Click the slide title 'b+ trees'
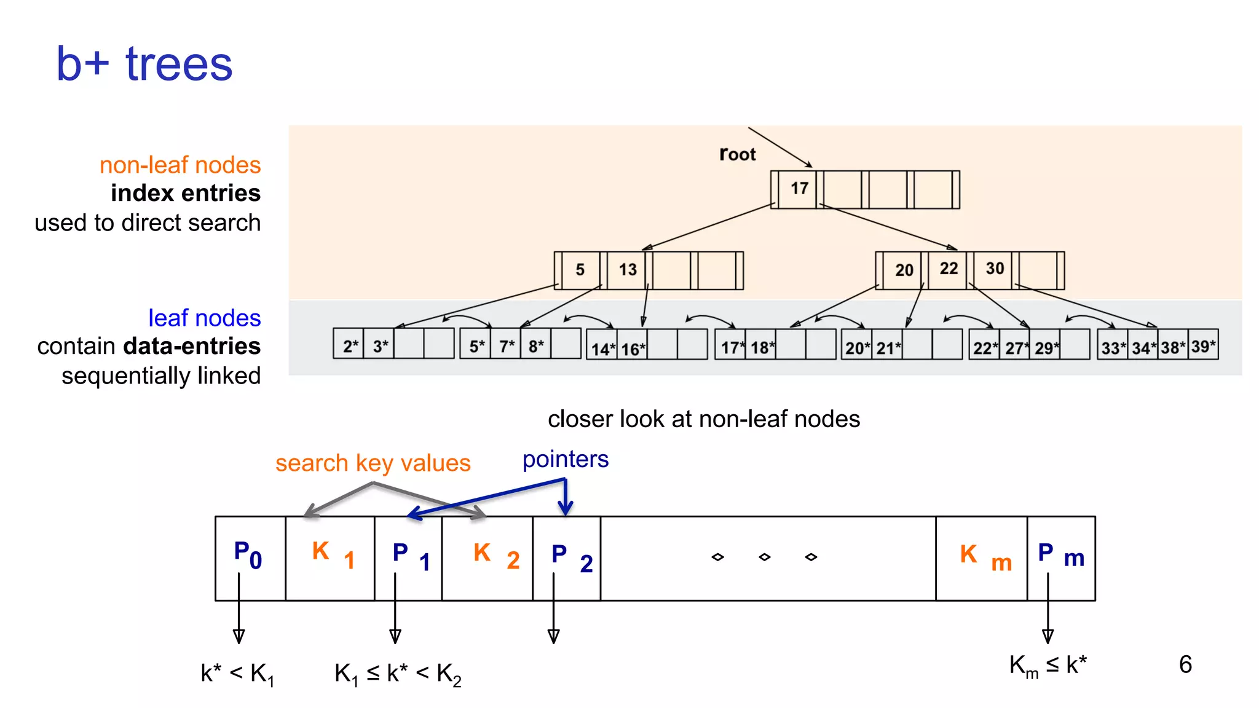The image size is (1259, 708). pyautogui.click(x=144, y=64)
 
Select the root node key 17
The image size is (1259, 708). pyautogui.click(x=799, y=189)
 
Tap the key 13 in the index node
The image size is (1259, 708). pyautogui.click(x=628, y=270)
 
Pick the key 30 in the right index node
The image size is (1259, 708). pyautogui.click(x=995, y=269)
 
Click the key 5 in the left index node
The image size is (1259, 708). pyautogui.click(x=580, y=270)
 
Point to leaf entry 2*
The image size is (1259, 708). pyautogui.click(x=350, y=346)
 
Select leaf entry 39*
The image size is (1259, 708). pyautogui.click(x=1203, y=347)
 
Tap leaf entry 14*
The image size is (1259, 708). pyautogui.click(x=602, y=349)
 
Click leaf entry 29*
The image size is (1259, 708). pyautogui.click(x=1046, y=348)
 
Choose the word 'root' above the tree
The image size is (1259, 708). pyautogui.click(x=737, y=154)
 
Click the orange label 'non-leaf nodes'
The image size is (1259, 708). pyautogui.click(x=180, y=165)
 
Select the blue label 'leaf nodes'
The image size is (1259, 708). pyautogui.click(x=204, y=318)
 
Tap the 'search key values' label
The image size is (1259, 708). pyautogui.click(x=373, y=463)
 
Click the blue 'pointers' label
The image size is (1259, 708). pyautogui.click(x=565, y=459)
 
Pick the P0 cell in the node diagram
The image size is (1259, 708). pyautogui.click(x=249, y=556)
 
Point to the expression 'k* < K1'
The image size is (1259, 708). pyautogui.click(x=237, y=674)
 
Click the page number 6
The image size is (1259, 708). pyautogui.click(x=1185, y=664)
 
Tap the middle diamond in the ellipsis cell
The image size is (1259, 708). pyautogui.click(x=764, y=557)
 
